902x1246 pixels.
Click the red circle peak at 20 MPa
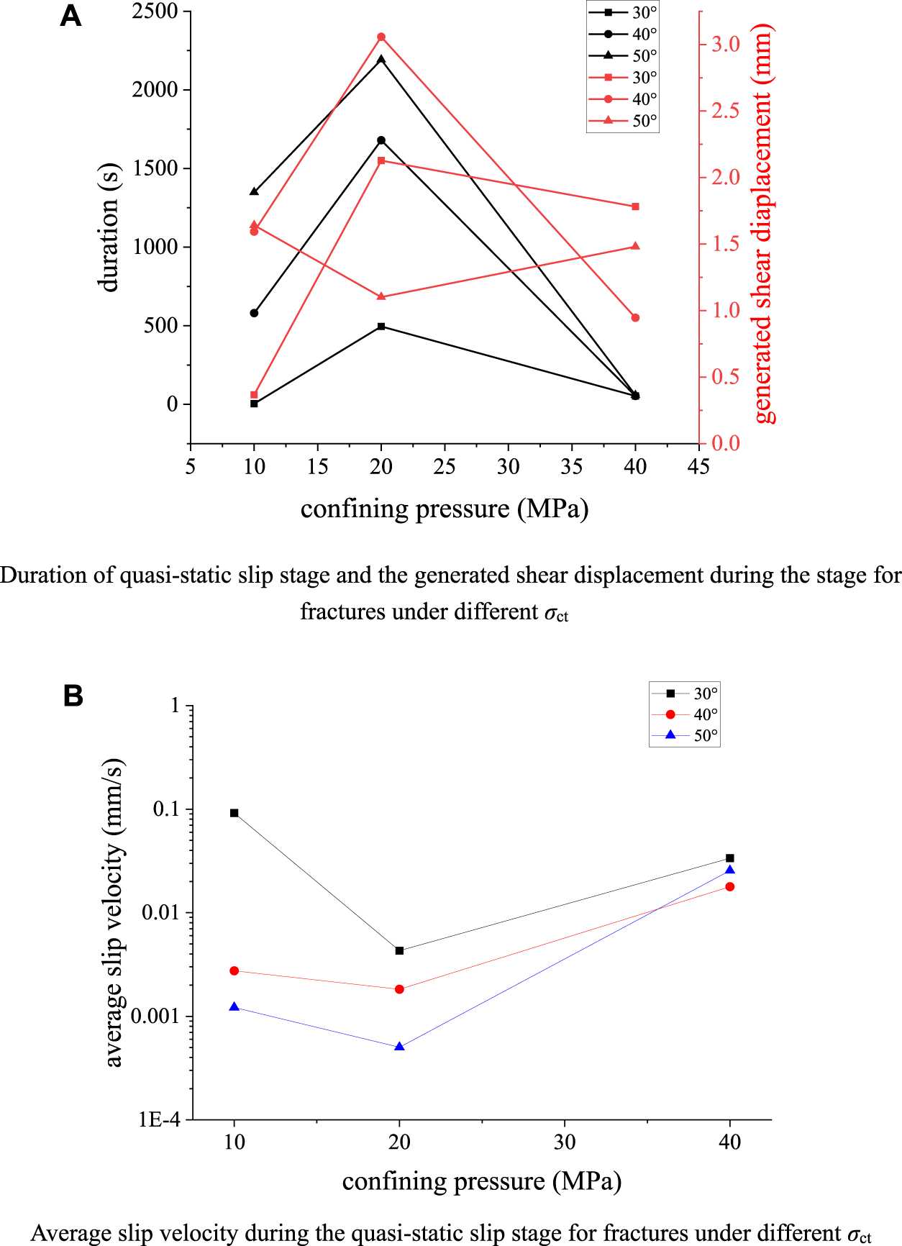pos(381,37)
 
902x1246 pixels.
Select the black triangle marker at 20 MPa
pos(381,59)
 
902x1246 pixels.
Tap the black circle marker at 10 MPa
pos(254,313)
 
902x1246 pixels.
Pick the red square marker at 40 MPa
pos(635,206)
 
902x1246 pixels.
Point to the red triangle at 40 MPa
pos(635,246)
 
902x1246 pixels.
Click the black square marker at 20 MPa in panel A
pos(381,327)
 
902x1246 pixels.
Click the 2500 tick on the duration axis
pos(155,12)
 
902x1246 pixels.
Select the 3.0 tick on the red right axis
pos(725,45)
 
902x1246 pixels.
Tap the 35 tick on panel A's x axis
pos(571,467)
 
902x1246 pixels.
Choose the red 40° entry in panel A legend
pos(623,99)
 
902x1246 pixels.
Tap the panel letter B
pos(73,696)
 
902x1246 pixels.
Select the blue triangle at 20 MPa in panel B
pos(400,1047)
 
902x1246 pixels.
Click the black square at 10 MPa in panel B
pos(234,813)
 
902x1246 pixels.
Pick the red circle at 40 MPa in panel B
pos(730,887)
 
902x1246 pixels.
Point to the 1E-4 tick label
pos(159,1119)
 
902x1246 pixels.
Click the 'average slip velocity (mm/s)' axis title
pos(114,912)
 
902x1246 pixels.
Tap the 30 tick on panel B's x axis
pos(565,1142)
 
